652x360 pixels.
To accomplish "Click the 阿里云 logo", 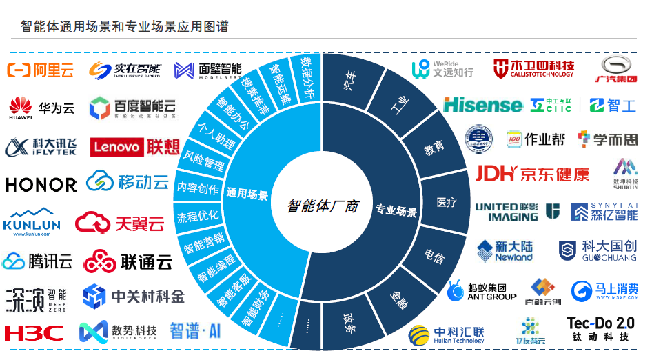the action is coord(40,70).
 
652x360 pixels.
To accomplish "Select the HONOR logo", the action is coord(41,185).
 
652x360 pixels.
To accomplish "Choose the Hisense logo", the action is coord(482,105).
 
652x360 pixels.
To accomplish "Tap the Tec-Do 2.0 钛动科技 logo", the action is coord(600,329).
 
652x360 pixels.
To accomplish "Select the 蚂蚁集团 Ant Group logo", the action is coord(482,291).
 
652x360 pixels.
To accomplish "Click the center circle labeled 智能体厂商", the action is coord(323,206).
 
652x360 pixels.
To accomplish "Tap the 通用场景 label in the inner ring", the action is coord(247,194).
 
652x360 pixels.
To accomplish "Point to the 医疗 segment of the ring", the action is coord(447,203).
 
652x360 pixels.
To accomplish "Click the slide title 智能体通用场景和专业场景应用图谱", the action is coord(125,27).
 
